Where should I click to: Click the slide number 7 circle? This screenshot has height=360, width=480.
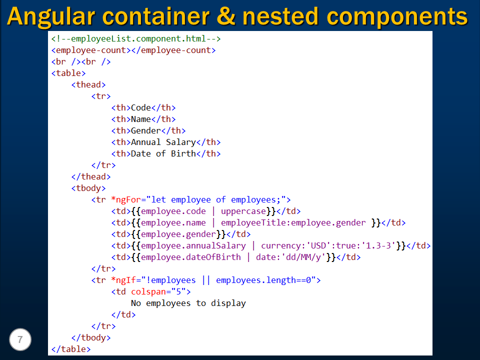click(20, 340)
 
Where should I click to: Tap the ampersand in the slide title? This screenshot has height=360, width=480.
click(225, 16)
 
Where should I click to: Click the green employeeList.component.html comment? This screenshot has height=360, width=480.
click(136, 38)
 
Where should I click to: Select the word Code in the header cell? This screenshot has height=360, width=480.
click(140, 107)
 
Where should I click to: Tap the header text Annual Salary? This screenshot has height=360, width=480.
click(163, 142)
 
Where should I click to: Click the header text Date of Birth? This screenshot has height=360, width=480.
click(163, 153)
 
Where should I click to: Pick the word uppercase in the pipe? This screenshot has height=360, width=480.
click(243, 211)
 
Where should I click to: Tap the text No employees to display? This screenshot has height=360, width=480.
click(188, 303)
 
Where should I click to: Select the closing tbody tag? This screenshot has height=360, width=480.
click(91, 337)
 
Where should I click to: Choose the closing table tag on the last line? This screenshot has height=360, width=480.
click(71, 349)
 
